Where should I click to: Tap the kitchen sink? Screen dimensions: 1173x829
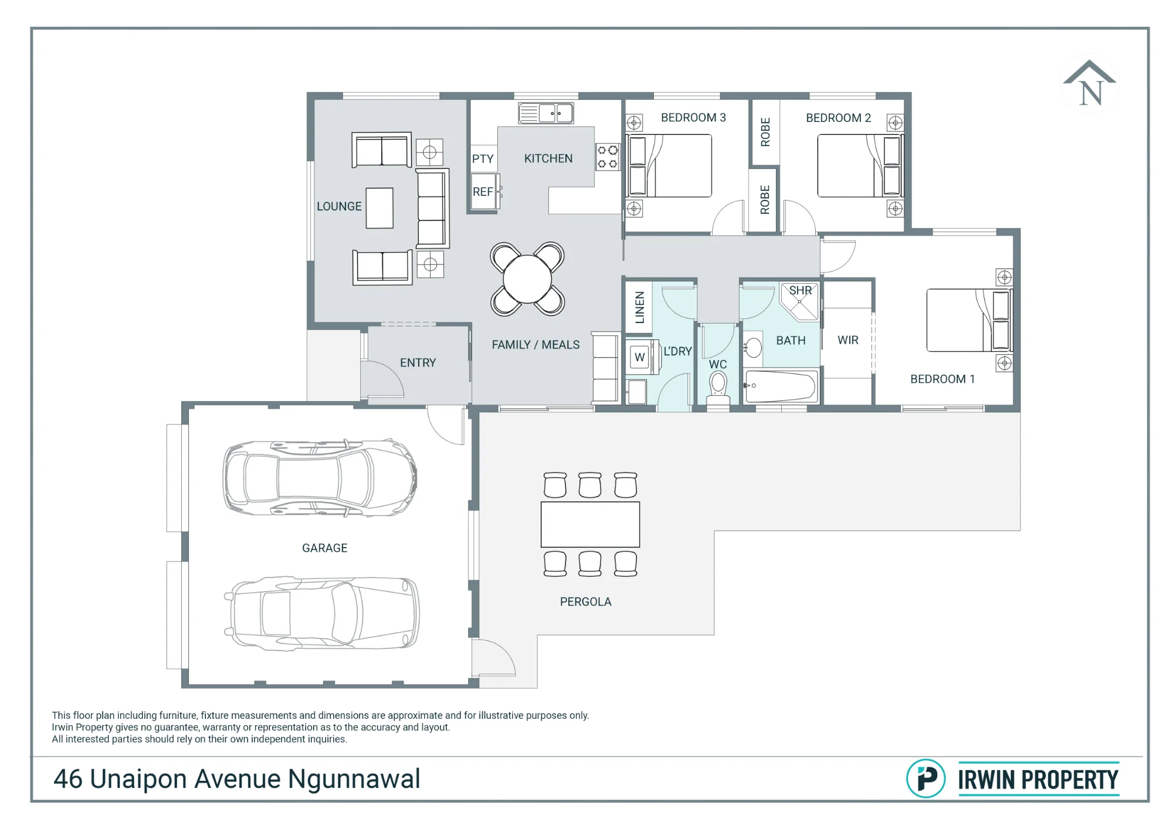545,113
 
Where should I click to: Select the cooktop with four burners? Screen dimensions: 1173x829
608,157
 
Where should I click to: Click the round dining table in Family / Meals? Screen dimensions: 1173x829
527,279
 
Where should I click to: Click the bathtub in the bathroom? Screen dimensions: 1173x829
781,386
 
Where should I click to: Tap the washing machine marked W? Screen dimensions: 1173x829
640,357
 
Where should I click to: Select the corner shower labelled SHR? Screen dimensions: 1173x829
799,301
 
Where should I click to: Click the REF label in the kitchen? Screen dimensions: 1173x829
483,192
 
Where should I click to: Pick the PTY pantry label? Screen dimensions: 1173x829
483,159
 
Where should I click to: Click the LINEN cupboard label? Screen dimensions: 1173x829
640,307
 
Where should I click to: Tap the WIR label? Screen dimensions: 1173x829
847,340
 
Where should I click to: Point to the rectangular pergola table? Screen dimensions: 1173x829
590,524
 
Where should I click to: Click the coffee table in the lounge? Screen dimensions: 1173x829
379,208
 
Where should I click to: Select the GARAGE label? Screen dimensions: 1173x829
324,548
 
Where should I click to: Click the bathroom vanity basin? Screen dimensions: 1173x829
753,348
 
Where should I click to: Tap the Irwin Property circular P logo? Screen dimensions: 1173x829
925,779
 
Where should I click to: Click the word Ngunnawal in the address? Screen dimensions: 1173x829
354,779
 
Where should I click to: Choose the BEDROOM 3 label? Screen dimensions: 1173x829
693,118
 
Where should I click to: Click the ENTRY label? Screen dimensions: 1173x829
418,363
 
